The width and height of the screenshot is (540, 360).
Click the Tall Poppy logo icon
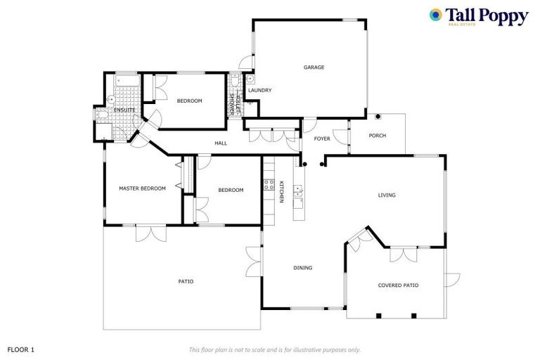[436, 15]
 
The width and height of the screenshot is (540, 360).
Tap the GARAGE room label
[314, 67]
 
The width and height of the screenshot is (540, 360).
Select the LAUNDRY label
[259, 91]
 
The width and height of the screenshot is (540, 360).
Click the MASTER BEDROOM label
[142, 188]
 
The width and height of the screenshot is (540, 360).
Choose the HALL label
[221, 143]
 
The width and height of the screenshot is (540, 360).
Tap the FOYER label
[322, 139]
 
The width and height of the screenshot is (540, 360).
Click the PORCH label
[378, 136]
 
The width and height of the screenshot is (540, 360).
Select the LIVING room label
[387, 195]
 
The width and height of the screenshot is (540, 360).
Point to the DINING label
[302, 268]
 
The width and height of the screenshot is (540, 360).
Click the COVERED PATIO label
[398, 285]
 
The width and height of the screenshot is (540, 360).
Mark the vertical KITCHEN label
[281, 192]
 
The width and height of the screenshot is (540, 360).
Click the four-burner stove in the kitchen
[268, 186]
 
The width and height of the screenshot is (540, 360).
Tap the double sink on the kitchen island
[298, 190]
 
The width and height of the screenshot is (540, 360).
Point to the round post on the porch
[378, 116]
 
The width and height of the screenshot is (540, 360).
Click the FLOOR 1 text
[20, 349]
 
